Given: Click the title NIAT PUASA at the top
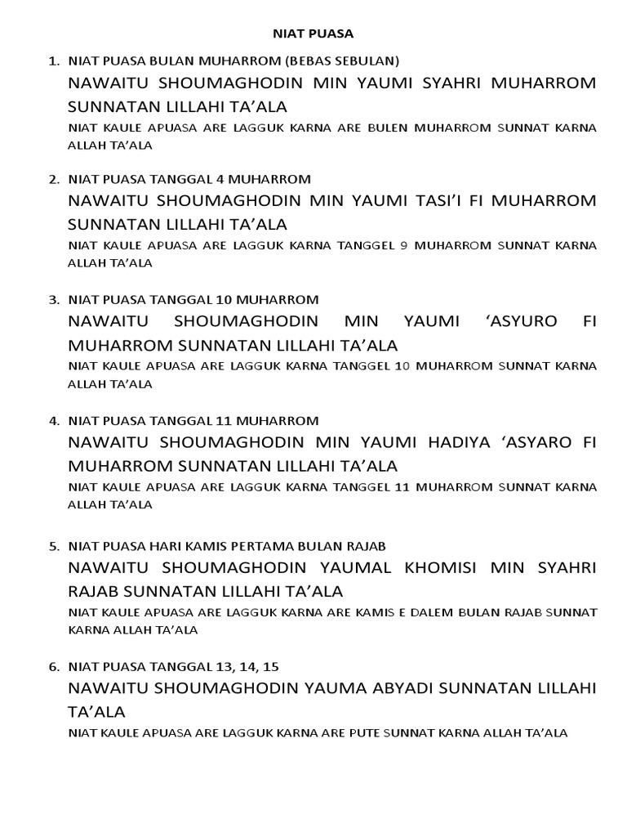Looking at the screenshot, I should [x=313, y=34].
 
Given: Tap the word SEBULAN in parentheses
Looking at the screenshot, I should [x=367, y=60].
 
